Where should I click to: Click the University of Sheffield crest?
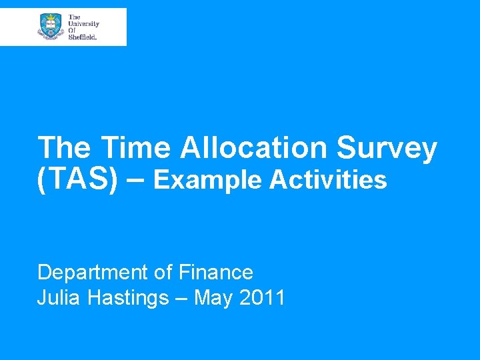coord(51,27)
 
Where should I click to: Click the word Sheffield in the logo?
coord(83,37)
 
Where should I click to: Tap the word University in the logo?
coord(83,23)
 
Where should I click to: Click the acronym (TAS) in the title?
coord(73,180)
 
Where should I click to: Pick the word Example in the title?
coord(211,180)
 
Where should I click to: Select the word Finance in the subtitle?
coord(215,272)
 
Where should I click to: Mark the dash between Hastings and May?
coord(181,299)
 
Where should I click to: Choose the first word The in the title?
coord(64,148)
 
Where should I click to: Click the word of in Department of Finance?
coord(162,272)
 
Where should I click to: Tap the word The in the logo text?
coord(74,17)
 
